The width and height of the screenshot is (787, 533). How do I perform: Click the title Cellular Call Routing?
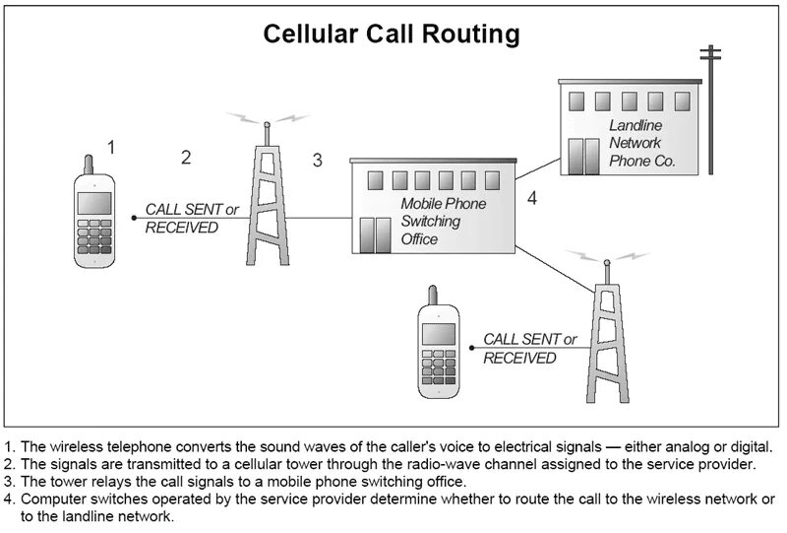coord(392,35)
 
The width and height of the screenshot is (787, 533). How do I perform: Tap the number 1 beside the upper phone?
coord(111,147)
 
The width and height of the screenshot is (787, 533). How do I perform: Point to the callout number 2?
coord(186,157)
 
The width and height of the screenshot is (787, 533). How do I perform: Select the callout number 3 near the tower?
coord(317,160)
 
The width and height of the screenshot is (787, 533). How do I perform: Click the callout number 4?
coord(532,198)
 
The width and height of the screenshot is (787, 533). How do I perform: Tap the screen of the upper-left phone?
coord(93,203)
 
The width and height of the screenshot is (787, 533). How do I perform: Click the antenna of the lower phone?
coord(431,295)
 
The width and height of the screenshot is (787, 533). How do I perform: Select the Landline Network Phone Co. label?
coord(641,143)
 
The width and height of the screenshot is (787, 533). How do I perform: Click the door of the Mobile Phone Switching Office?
coord(375,233)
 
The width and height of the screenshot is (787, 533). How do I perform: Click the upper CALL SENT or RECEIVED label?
coord(191,218)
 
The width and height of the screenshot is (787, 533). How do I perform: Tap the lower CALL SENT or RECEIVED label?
coord(529,349)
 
